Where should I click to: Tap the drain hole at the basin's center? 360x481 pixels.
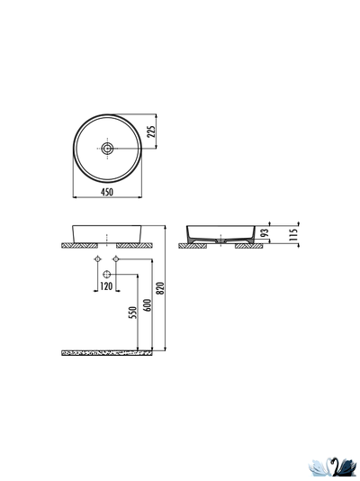(108, 147)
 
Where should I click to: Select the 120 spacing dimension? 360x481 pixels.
(107, 286)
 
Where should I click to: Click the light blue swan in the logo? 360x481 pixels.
(320, 466)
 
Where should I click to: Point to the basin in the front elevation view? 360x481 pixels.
(107, 231)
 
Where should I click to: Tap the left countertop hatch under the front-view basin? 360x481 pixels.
(79, 245)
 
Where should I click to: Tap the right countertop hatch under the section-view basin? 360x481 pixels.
(249, 245)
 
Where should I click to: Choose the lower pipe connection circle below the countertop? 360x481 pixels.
(107, 273)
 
